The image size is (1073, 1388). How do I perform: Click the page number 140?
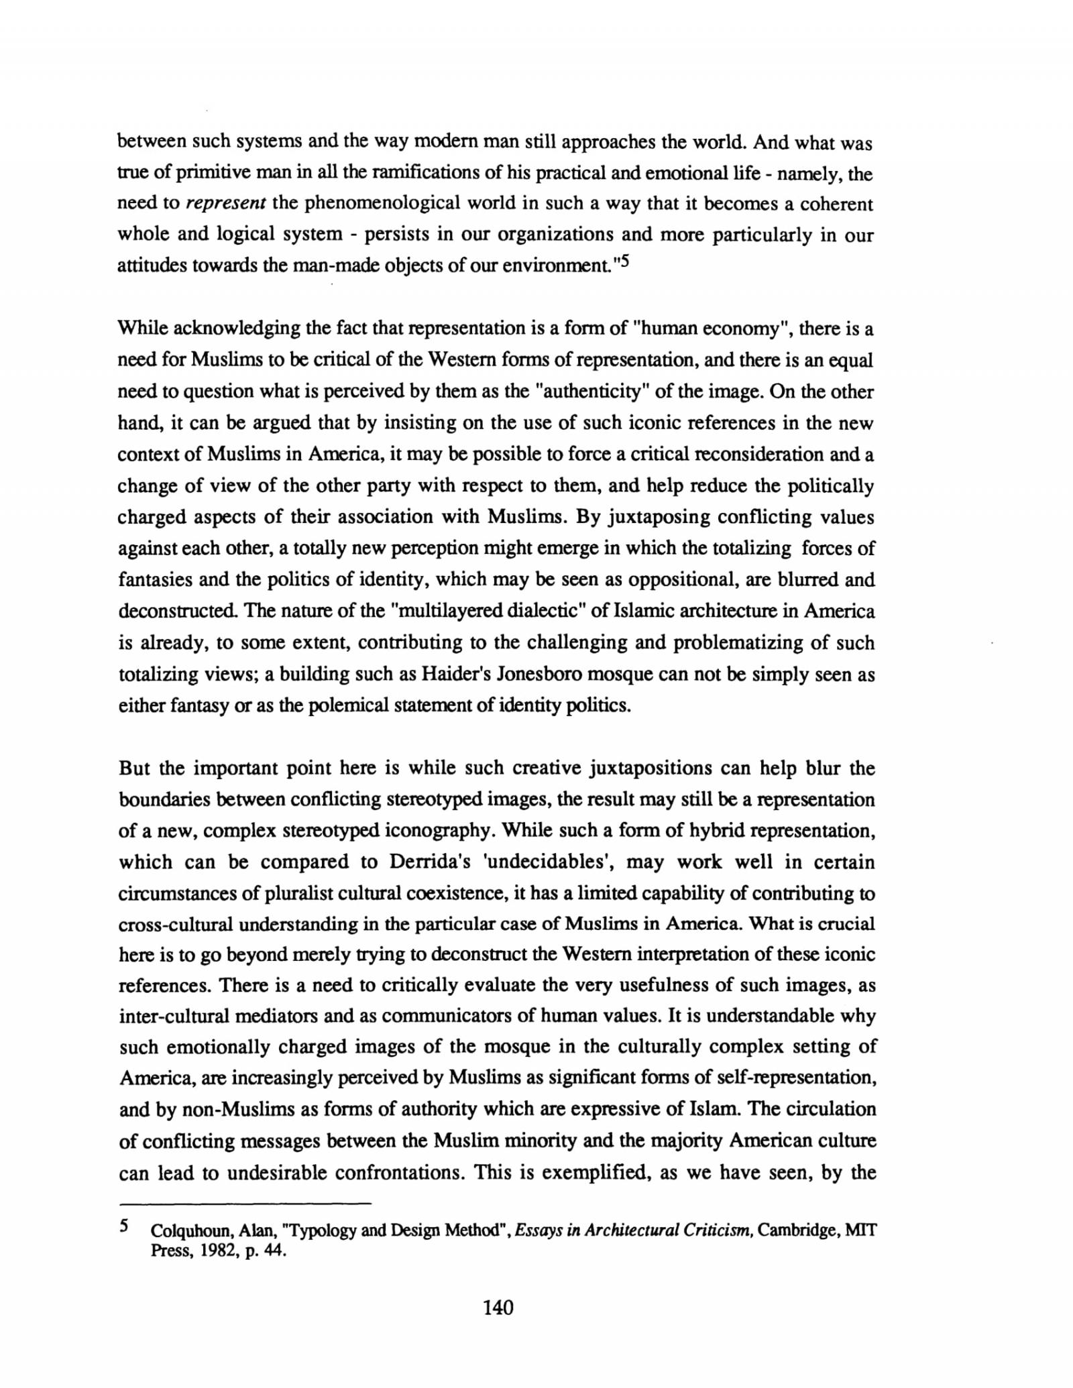(x=498, y=1307)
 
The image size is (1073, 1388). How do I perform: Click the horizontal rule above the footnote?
(x=244, y=1203)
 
